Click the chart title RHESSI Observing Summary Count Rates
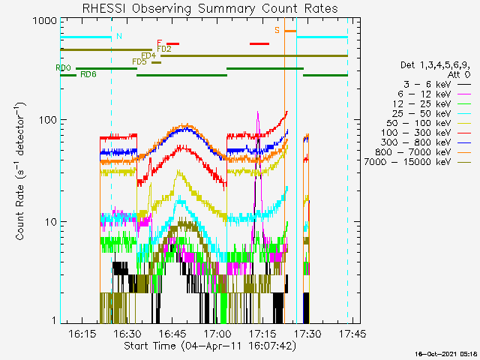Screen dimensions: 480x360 pyautogui.click(x=210, y=8)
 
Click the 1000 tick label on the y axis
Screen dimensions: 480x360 pyautogui.click(x=45, y=21)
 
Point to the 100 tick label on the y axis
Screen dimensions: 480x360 pyautogui.click(x=48, y=120)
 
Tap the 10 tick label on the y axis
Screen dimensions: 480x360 pyautogui.click(x=51, y=222)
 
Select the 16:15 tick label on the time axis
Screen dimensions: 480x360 pyautogui.click(x=82, y=333)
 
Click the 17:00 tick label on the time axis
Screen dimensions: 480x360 pyautogui.click(x=217, y=333)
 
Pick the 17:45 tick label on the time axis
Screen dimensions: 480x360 pyautogui.click(x=352, y=333)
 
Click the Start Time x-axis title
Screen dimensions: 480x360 pyautogui.click(x=210, y=346)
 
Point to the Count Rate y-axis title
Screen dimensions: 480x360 pyautogui.click(x=20, y=171)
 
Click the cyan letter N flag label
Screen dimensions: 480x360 pyautogui.click(x=119, y=36)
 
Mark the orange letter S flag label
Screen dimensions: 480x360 pyautogui.click(x=277, y=30)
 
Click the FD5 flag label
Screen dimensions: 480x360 pyautogui.click(x=139, y=61)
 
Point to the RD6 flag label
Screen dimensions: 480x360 pyautogui.click(x=88, y=74)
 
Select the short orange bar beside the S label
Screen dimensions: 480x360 pyautogui.click(x=290, y=31)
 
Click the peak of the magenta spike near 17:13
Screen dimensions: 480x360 pyautogui.click(x=258, y=112)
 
